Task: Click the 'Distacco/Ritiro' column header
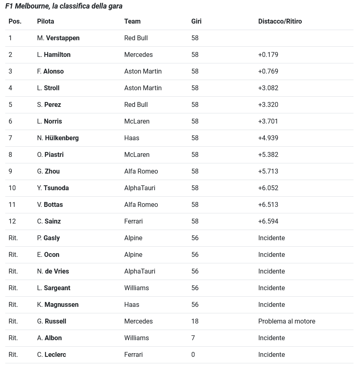(280, 21)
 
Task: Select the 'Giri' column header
(196, 21)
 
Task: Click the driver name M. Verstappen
(58, 38)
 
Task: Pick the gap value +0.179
(268, 54)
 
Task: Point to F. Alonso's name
(50, 71)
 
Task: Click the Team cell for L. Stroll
(143, 88)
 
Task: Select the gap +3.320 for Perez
(268, 104)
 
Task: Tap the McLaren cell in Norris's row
(137, 121)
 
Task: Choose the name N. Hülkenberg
(58, 138)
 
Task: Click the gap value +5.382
(268, 154)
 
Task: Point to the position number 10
(12, 188)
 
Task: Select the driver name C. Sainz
(49, 221)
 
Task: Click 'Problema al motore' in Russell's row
(286, 321)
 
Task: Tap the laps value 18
(195, 321)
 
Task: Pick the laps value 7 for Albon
(193, 338)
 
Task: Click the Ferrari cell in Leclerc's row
(133, 354)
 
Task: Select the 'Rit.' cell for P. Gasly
(13, 238)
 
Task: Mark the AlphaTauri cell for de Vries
(140, 271)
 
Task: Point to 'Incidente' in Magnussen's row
(271, 304)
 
